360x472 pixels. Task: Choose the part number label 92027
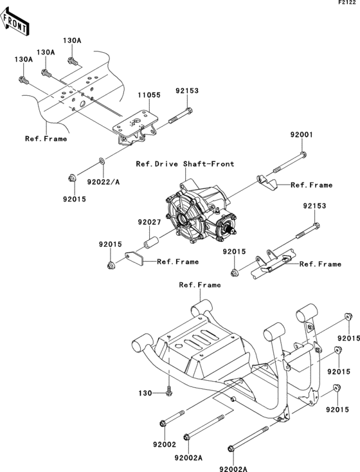pyautogui.click(x=147, y=222)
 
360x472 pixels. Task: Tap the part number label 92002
pyautogui.click(x=165, y=444)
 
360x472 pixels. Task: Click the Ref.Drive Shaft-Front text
pyautogui.click(x=185, y=163)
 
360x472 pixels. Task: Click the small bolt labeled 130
pyautogui.click(x=168, y=390)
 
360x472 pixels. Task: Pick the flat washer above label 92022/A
pyautogui.click(x=103, y=159)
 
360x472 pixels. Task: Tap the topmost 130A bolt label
pyautogui.click(x=72, y=40)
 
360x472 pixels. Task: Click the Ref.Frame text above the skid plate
pyautogui.click(x=199, y=284)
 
